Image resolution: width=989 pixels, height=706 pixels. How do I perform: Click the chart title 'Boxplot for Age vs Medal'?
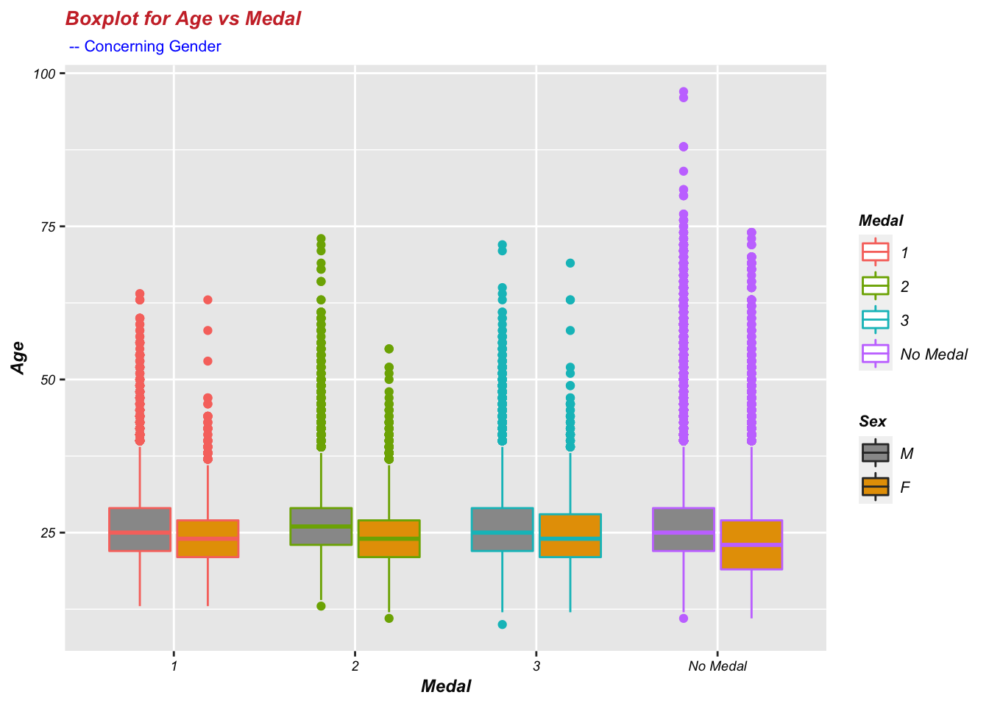click(182, 18)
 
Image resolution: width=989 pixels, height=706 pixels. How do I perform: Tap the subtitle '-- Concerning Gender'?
click(145, 46)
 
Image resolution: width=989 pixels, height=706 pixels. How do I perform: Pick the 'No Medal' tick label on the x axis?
click(717, 666)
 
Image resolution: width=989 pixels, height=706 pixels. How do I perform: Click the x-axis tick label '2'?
click(355, 666)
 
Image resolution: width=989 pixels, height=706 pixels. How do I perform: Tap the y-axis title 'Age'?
click(18, 358)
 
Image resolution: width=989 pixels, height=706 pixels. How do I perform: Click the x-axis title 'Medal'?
click(446, 686)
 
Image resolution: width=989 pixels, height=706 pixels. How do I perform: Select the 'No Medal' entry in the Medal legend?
click(934, 354)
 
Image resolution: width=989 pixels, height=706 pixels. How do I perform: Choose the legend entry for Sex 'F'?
click(905, 487)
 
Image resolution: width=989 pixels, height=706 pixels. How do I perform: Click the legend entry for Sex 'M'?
click(907, 453)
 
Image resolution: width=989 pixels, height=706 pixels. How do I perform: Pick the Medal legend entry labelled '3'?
click(904, 320)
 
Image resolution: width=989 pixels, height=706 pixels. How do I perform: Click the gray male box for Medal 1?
click(140, 529)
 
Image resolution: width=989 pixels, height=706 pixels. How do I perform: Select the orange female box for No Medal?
click(751, 544)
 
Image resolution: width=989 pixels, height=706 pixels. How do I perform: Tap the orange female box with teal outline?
click(570, 535)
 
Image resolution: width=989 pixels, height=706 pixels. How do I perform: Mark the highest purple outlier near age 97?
click(684, 92)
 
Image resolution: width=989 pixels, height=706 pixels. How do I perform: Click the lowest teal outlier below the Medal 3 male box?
click(502, 624)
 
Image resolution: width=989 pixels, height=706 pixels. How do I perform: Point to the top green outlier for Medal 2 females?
click(389, 349)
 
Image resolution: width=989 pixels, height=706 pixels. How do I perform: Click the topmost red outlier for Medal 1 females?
click(208, 300)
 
